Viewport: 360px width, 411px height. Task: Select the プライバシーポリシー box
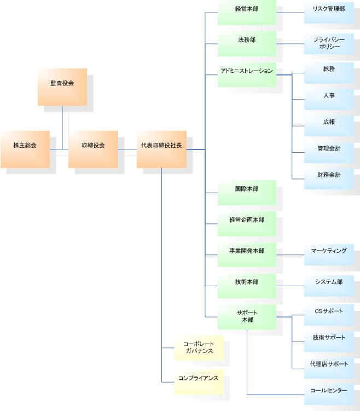pos(329,43)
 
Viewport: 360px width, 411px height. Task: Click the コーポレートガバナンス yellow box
pos(199,348)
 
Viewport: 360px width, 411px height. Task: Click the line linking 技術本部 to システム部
pos(290,285)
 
